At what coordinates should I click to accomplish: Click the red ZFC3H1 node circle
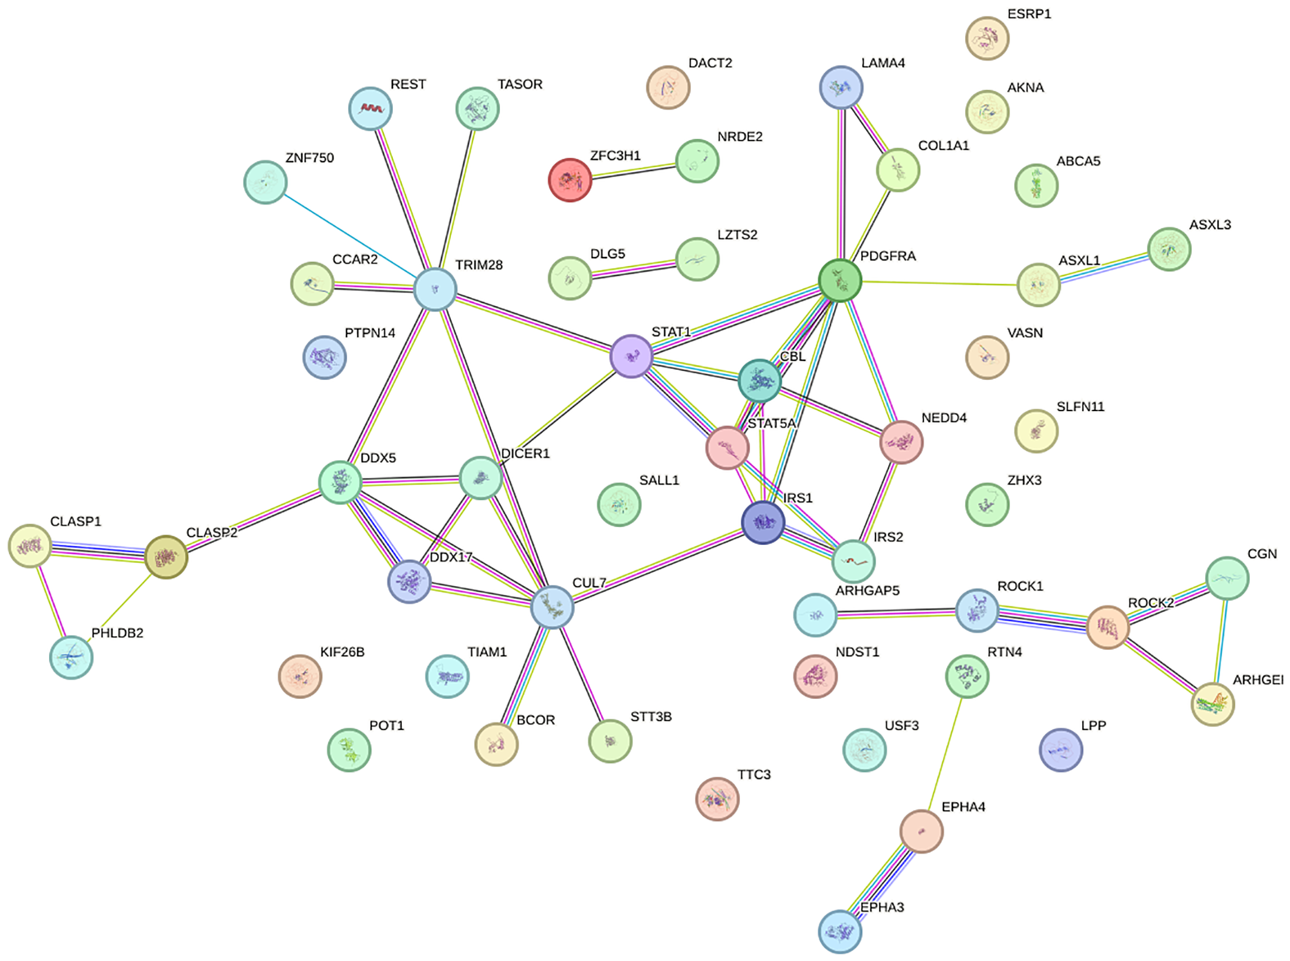(569, 180)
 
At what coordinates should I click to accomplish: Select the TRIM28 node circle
(435, 289)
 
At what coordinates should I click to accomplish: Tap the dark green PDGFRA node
(840, 281)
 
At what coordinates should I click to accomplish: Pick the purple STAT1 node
(631, 355)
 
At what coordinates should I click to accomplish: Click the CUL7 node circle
(552, 607)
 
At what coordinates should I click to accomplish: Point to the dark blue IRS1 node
(763, 522)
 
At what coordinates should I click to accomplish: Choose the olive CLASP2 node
(166, 557)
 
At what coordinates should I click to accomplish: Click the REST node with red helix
(370, 109)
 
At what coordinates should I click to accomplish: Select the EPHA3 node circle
(840, 931)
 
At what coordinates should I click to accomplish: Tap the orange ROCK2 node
(1108, 627)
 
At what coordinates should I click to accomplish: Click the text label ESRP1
(1029, 14)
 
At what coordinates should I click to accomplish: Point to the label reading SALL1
(659, 480)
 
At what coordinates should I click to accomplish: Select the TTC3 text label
(753, 774)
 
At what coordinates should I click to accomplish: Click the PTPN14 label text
(369, 333)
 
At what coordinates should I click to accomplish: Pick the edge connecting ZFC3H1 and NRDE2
(634, 170)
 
